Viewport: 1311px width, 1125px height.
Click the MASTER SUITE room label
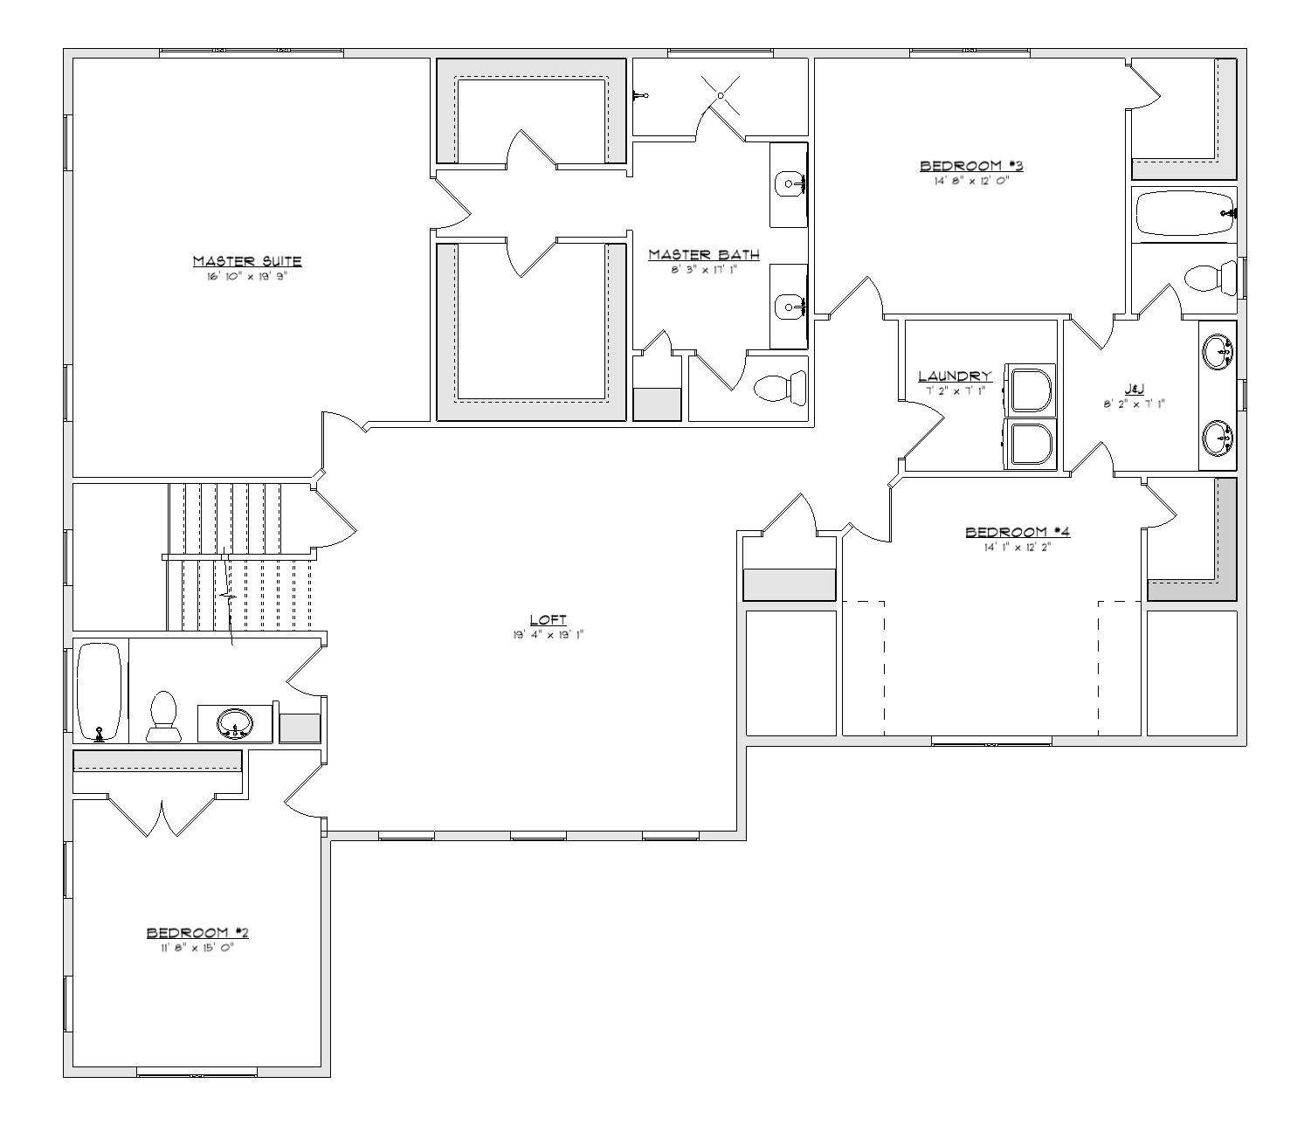246,260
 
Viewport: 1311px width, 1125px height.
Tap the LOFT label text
548,619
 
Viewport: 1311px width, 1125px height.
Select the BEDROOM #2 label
197,932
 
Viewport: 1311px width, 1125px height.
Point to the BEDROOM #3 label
971,165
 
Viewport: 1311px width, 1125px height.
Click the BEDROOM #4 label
1018,531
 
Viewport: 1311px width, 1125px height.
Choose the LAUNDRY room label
955,376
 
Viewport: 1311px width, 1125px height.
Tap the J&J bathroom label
1134,389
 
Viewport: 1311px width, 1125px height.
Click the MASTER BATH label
703,254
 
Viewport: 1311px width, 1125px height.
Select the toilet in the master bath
780,388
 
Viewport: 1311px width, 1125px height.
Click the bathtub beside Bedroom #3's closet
1184,214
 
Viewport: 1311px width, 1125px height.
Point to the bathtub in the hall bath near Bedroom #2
99,692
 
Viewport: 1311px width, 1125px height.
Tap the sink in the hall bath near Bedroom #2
235,723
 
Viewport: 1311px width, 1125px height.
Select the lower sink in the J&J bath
1218,438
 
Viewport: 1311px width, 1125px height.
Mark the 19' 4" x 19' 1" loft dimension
548,635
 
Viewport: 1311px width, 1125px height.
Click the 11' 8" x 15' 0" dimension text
197,948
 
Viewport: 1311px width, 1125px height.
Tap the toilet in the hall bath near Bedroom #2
164,716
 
